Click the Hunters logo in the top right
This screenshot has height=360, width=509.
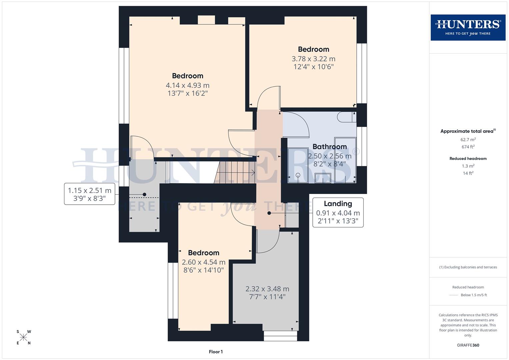point(468,27)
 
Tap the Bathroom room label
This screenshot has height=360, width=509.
point(329,147)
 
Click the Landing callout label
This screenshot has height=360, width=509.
point(338,204)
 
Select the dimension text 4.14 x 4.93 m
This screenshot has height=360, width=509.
point(187,85)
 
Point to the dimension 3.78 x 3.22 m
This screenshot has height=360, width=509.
point(313,59)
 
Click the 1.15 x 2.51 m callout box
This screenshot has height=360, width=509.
point(89,194)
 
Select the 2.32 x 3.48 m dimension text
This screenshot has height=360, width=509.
point(267,289)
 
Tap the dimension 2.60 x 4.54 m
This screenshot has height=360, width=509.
point(203,262)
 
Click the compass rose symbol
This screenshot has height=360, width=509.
point(23,337)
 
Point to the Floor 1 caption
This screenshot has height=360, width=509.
point(216,352)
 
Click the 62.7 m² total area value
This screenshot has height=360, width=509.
point(468,140)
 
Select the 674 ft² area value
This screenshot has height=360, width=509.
point(468,147)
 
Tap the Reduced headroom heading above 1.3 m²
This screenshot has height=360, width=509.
point(468,159)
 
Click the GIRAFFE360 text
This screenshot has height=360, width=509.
point(468,345)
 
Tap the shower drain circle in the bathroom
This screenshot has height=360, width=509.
point(298,175)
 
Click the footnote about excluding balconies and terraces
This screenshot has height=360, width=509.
point(468,267)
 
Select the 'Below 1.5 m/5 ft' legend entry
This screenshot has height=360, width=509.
point(473,295)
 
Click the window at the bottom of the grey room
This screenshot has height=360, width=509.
point(280,336)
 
